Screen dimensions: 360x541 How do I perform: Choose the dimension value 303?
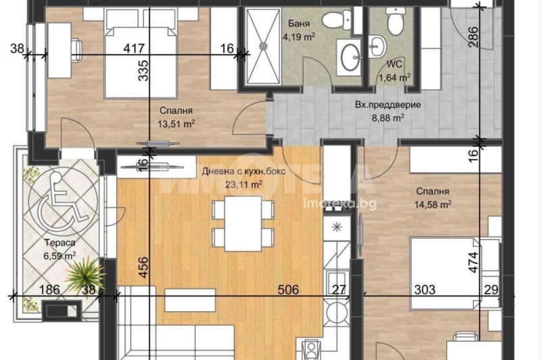pos(424,290)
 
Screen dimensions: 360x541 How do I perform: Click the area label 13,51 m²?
pos(177,123)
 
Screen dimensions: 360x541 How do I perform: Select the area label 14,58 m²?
pos(433,202)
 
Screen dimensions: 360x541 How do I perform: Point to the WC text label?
pos(392,66)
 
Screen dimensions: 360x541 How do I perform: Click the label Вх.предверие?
pos(388,105)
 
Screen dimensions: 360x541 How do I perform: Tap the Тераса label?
pos(54,242)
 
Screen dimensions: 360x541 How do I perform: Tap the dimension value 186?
pos(50,290)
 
